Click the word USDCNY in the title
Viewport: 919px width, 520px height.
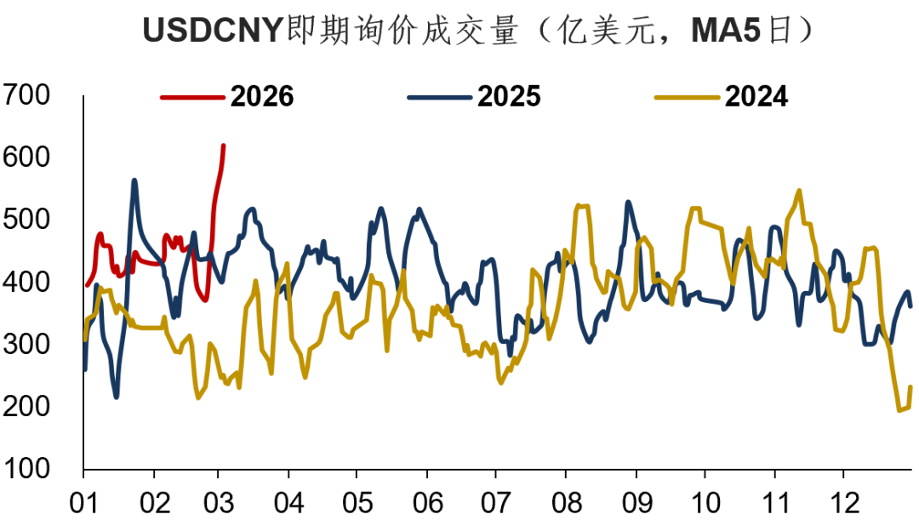click(x=211, y=32)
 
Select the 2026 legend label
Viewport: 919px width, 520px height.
click(x=262, y=97)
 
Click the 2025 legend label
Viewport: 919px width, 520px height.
click(x=509, y=97)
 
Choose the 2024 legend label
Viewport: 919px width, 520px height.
click(x=756, y=97)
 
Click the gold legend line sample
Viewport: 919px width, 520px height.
click(x=687, y=97)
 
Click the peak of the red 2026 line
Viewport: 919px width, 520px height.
click(x=223, y=146)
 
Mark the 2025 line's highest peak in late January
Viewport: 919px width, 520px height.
click(x=134, y=180)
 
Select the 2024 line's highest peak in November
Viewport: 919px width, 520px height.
click(x=798, y=190)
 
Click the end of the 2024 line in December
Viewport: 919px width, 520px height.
click(x=910, y=387)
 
